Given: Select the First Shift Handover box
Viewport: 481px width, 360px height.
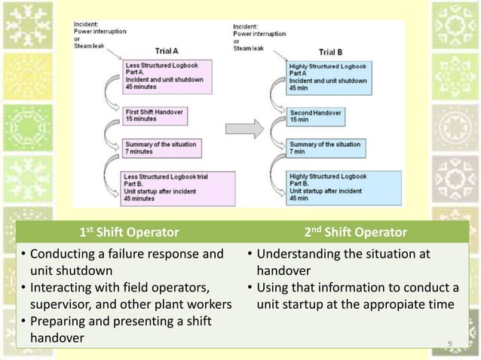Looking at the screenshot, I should pos(155,115).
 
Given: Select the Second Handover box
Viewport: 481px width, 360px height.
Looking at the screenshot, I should pos(316,116).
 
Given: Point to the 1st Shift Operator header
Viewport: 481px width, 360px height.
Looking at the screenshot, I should pos(129,231).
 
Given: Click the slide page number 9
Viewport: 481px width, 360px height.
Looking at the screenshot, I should pos(449,344).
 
